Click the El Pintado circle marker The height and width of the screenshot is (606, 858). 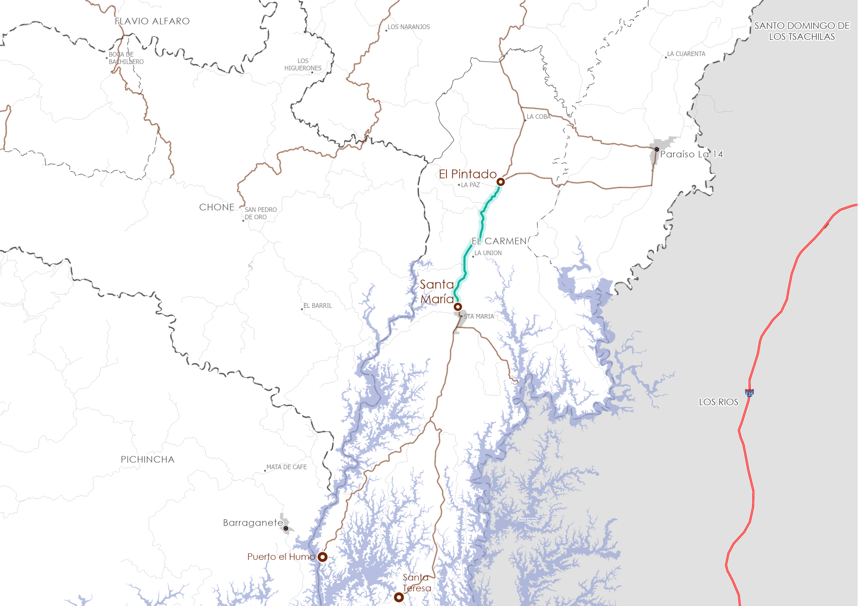(x=500, y=182)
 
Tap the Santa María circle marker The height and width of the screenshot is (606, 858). (x=458, y=307)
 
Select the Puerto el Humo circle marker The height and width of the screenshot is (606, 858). (x=322, y=557)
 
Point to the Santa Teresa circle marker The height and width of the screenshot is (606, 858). (x=399, y=597)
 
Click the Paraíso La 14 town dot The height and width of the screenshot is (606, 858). (x=657, y=149)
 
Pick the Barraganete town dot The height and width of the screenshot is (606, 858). (x=286, y=528)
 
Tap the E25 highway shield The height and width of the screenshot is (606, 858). (x=749, y=393)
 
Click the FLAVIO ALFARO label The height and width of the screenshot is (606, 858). (x=152, y=21)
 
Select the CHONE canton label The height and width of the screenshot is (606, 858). (x=217, y=207)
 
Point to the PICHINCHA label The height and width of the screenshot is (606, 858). (x=147, y=459)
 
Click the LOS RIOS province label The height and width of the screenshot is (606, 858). (x=719, y=402)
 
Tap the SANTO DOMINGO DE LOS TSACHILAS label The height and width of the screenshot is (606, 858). (x=802, y=31)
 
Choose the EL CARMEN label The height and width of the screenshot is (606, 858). (x=499, y=241)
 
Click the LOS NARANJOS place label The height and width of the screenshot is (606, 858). (x=409, y=27)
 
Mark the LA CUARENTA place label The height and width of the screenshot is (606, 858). (x=686, y=54)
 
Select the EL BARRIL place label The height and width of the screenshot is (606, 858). (x=317, y=305)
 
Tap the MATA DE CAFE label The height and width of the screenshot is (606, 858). (x=286, y=467)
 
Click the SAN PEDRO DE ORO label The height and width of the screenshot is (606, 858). (x=260, y=213)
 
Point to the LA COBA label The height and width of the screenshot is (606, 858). (x=539, y=117)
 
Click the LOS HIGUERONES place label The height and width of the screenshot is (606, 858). (x=303, y=64)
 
